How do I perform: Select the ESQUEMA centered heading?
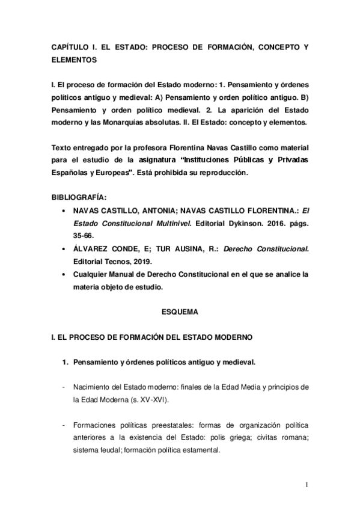pos(180,313)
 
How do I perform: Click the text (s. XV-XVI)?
pos(138,399)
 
